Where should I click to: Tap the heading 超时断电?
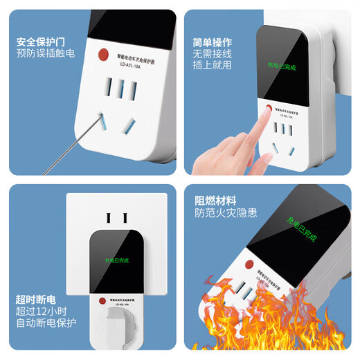[37, 299]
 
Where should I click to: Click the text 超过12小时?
[42, 311]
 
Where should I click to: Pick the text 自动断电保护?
[46, 323]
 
